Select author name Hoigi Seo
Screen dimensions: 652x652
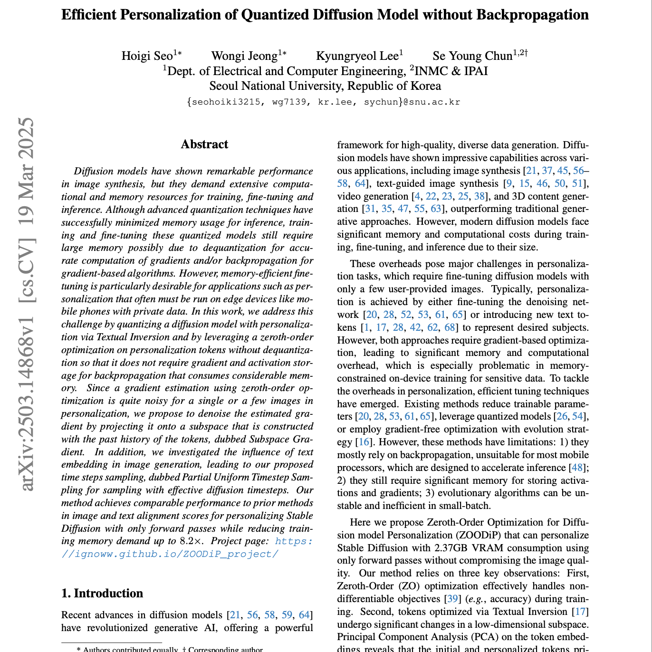click(x=147, y=56)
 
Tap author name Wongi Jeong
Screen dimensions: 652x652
click(x=244, y=56)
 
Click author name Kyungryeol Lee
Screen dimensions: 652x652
click(x=357, y=56)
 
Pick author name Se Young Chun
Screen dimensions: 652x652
click(x=472, y=56)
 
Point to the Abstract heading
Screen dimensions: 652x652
click(x=204, y=144)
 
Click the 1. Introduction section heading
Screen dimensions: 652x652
click(x=102, y=593)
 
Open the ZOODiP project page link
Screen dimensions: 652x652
click(x=170, y=554)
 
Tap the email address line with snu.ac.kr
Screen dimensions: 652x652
click(x=324, y=102)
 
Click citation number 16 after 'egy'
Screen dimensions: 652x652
click(x=364, y=442)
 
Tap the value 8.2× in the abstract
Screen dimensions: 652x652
click(x=192, y=541)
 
